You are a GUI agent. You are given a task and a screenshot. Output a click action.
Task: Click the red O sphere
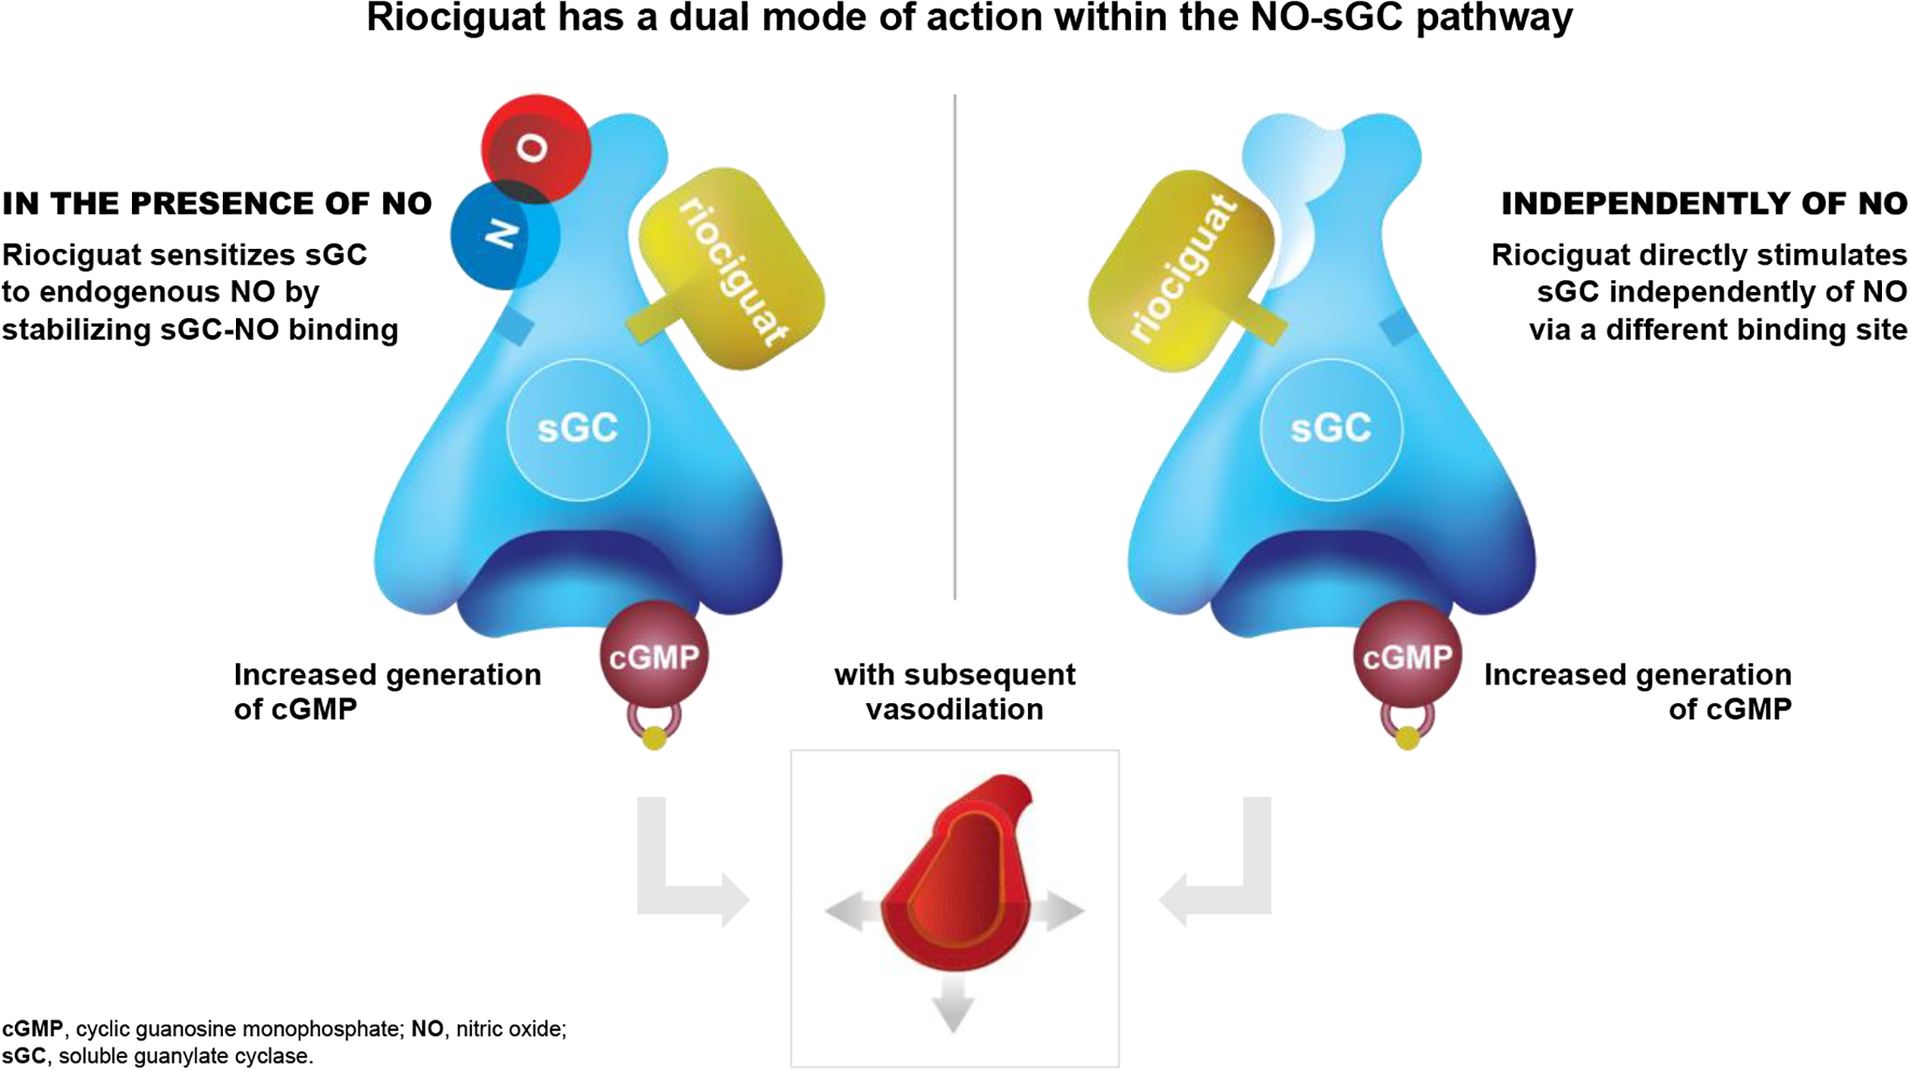536,148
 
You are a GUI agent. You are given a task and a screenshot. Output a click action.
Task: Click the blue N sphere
506,234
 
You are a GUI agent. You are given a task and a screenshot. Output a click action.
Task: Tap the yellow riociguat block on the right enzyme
1185,271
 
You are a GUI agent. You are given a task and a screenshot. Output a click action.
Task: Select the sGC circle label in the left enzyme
578,429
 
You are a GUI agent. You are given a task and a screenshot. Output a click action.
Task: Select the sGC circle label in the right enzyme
1330,429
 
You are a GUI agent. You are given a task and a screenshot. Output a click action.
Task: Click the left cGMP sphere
654,655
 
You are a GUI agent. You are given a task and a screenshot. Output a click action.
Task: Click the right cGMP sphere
1407,655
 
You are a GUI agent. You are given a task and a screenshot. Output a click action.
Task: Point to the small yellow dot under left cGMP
654,739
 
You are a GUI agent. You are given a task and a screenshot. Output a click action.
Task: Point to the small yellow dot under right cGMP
1407,739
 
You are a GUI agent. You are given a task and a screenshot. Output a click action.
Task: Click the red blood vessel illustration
956,873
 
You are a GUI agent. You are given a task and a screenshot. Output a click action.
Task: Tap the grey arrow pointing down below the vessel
954,1004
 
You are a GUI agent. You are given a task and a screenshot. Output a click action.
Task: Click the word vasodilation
954,710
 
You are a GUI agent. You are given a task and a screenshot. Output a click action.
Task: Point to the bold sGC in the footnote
24,1056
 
